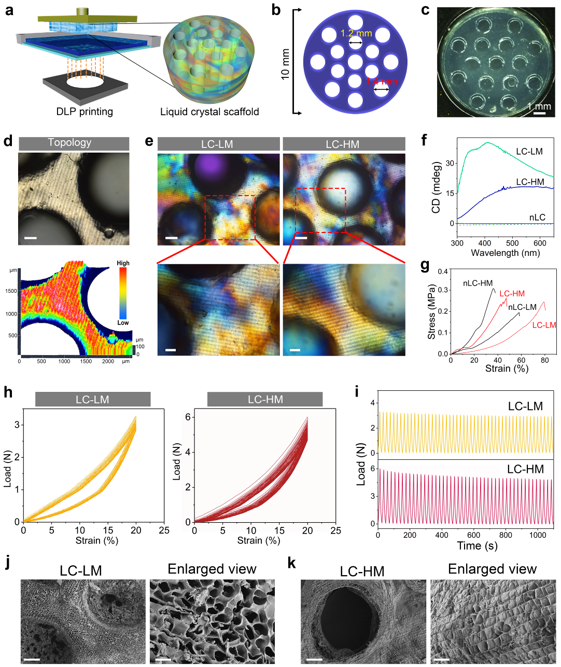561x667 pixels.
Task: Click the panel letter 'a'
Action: pos(9,9)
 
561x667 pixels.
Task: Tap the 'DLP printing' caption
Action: pos(85,112)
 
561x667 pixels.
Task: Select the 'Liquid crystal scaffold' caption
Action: pos(209,112)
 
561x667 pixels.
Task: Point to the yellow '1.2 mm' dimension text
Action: pos(356,34)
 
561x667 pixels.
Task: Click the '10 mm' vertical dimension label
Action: pos(285,64)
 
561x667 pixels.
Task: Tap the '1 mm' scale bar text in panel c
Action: pos(540,106)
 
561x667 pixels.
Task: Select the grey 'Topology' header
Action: pos(69,143)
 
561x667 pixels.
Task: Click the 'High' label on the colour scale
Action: pos(123,263)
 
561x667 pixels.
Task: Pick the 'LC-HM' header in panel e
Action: pos(342,144)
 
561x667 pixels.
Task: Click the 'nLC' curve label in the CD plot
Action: pos(537,217)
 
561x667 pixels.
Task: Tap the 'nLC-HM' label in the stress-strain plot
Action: pos(478,283)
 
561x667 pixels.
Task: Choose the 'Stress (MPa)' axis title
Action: pos(431,311)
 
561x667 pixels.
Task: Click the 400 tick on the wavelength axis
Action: pos(484,243)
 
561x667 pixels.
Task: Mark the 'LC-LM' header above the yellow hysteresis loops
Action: pos(92,400)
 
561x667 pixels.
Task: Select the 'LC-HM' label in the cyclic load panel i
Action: pos(525,469)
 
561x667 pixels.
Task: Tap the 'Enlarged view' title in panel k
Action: pos(492,569)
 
